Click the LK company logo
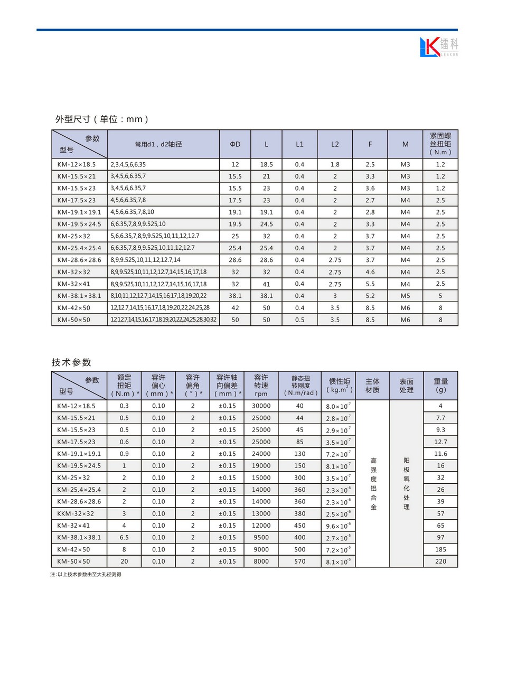pyautogui.click(x=438, y=47)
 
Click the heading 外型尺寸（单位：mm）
pyautogui.click(x=102, y=119)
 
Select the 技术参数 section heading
pyautogui.click(x=72, y=362)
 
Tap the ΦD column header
pyautogui.click(x=235, y=144)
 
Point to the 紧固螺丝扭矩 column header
pyautogui.click(x=440, y=144)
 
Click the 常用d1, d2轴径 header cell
pyautogui.click(x=158, y=144)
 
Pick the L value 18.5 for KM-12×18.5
pyautogui.click(x=266, y=165)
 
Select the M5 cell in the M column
pyautogui.click(x=405, y=296)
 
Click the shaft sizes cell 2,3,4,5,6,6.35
pyautogui.click(x=128, y=165)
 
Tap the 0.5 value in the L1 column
pyautogui.click(x=299, y=320)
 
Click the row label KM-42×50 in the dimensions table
pyautogui.click(x=74, y=308)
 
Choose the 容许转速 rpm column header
pyautogui.click(x=261, y=386)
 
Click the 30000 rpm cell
pyautogui.click(x=261, y=406)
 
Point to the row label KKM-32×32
pyautogui.click(x=76, y=513)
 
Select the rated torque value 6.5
pyautogui.click(x=124, y=538)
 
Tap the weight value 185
pyautogui.click(x=440, y=549)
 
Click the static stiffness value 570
pyautogui.click(x=299, y=561)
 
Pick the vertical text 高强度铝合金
pyautogui.click(x=373, y=484)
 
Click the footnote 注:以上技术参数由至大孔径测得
pyautogui.click(x=86, y=575)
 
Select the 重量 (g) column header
pyautogui.click(x=440, y=386)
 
